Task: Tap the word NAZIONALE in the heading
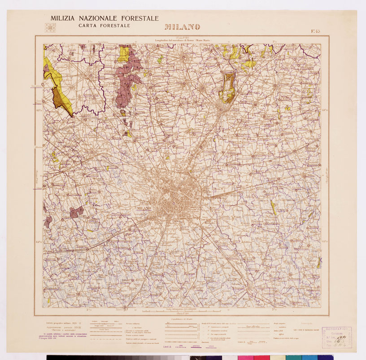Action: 101,18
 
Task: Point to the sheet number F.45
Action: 315,31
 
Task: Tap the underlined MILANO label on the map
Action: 144,209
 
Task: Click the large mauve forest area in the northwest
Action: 126,83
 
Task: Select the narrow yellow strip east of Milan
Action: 273,207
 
